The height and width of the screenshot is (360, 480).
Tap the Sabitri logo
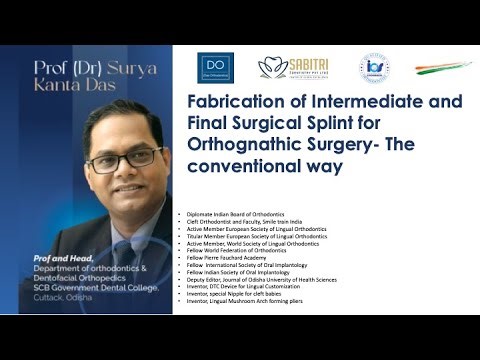coord(293,68)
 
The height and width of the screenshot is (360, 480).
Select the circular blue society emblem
coord(373,67)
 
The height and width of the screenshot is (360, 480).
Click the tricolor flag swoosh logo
coord(436,67)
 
